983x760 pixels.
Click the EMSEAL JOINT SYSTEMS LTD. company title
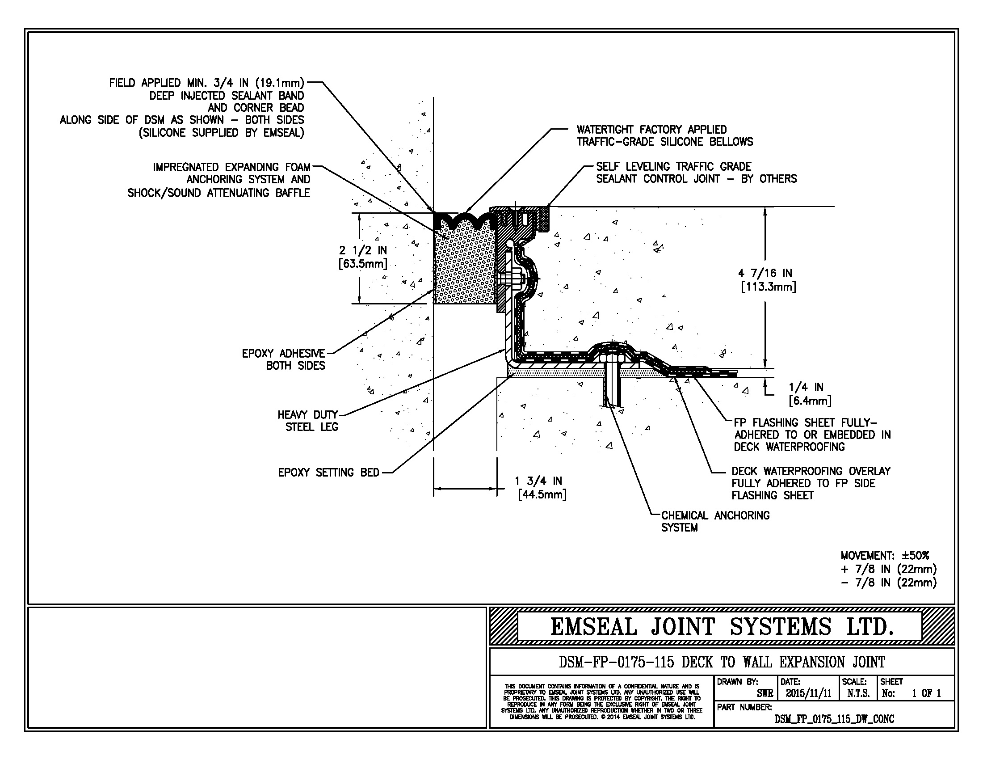tap(722, 627)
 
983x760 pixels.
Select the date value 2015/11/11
tap(808, 693)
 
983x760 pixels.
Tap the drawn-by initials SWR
tap(765, 693)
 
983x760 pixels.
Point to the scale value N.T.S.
tap(858, 693)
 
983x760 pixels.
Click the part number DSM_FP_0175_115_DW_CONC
tap(834, 719)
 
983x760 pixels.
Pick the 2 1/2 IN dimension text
tap(363, 250)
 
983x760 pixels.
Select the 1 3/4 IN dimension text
tap(538, 481)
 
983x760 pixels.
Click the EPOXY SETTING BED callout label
tap(328, 473)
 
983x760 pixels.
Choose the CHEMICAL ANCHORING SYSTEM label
tap(715, 521)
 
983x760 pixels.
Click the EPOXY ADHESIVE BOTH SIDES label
tap(284, 359)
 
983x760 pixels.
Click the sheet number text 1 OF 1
tap(926, 693)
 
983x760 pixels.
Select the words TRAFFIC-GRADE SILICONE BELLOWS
tap(665, 142)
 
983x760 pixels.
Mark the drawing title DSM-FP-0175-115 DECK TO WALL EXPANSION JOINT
tap(722, 662)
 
